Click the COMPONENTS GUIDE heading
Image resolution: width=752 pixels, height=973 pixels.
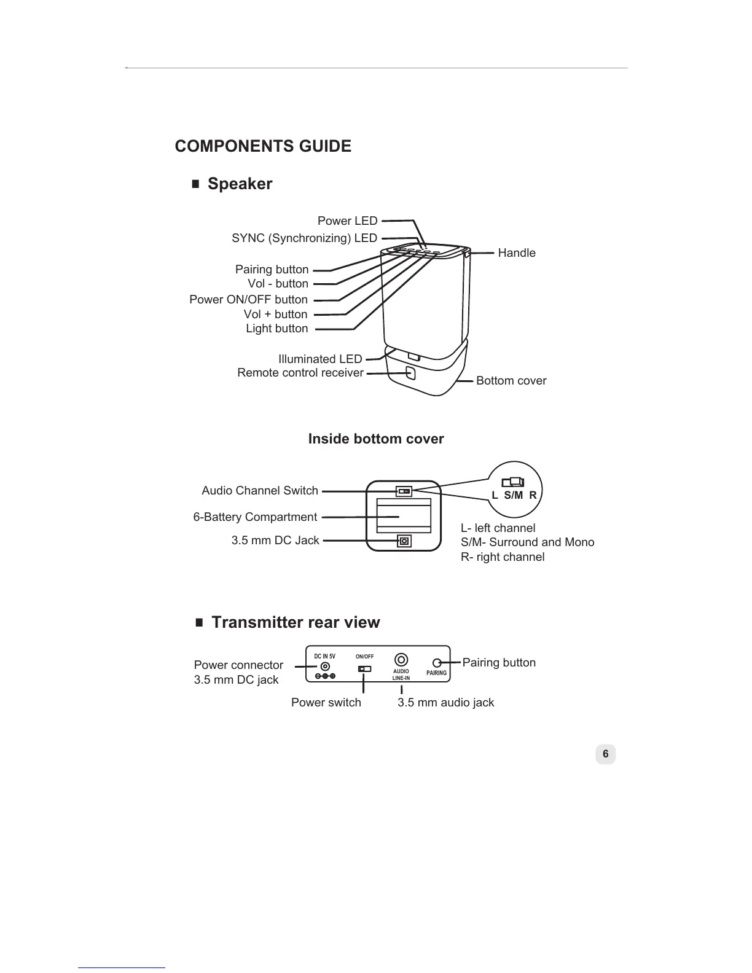(263, 146)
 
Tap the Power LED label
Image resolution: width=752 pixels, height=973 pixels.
(347, 221)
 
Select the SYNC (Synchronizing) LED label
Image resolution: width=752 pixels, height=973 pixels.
(304, 238)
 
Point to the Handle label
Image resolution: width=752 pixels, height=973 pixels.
(516, 253)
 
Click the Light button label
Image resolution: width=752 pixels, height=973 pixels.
(276, 329)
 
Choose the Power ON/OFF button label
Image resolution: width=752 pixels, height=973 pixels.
(248, 300)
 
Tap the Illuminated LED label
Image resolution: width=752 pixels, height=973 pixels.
(319, 359)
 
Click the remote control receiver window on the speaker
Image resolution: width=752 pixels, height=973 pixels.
(411, 373)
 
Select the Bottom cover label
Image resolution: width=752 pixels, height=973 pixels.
(511, 381)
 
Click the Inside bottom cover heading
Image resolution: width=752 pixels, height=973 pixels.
(375, 439)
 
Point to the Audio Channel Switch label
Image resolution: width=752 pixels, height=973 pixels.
(259, 491)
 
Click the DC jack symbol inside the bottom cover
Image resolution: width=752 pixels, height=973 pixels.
(404, 541)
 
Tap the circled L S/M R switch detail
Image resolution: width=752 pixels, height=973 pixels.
(515, 489)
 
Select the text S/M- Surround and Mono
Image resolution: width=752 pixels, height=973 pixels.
(527, 542)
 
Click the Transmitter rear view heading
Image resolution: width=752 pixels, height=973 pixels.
(295, 623)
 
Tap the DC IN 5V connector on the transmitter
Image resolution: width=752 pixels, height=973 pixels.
(325, 667)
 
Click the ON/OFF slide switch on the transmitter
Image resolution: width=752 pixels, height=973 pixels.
(364, 669)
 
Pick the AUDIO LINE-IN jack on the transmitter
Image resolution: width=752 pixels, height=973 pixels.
(401, 660)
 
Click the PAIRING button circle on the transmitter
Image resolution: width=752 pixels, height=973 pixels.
(437, 663)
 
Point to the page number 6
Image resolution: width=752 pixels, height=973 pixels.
(605, 754)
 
